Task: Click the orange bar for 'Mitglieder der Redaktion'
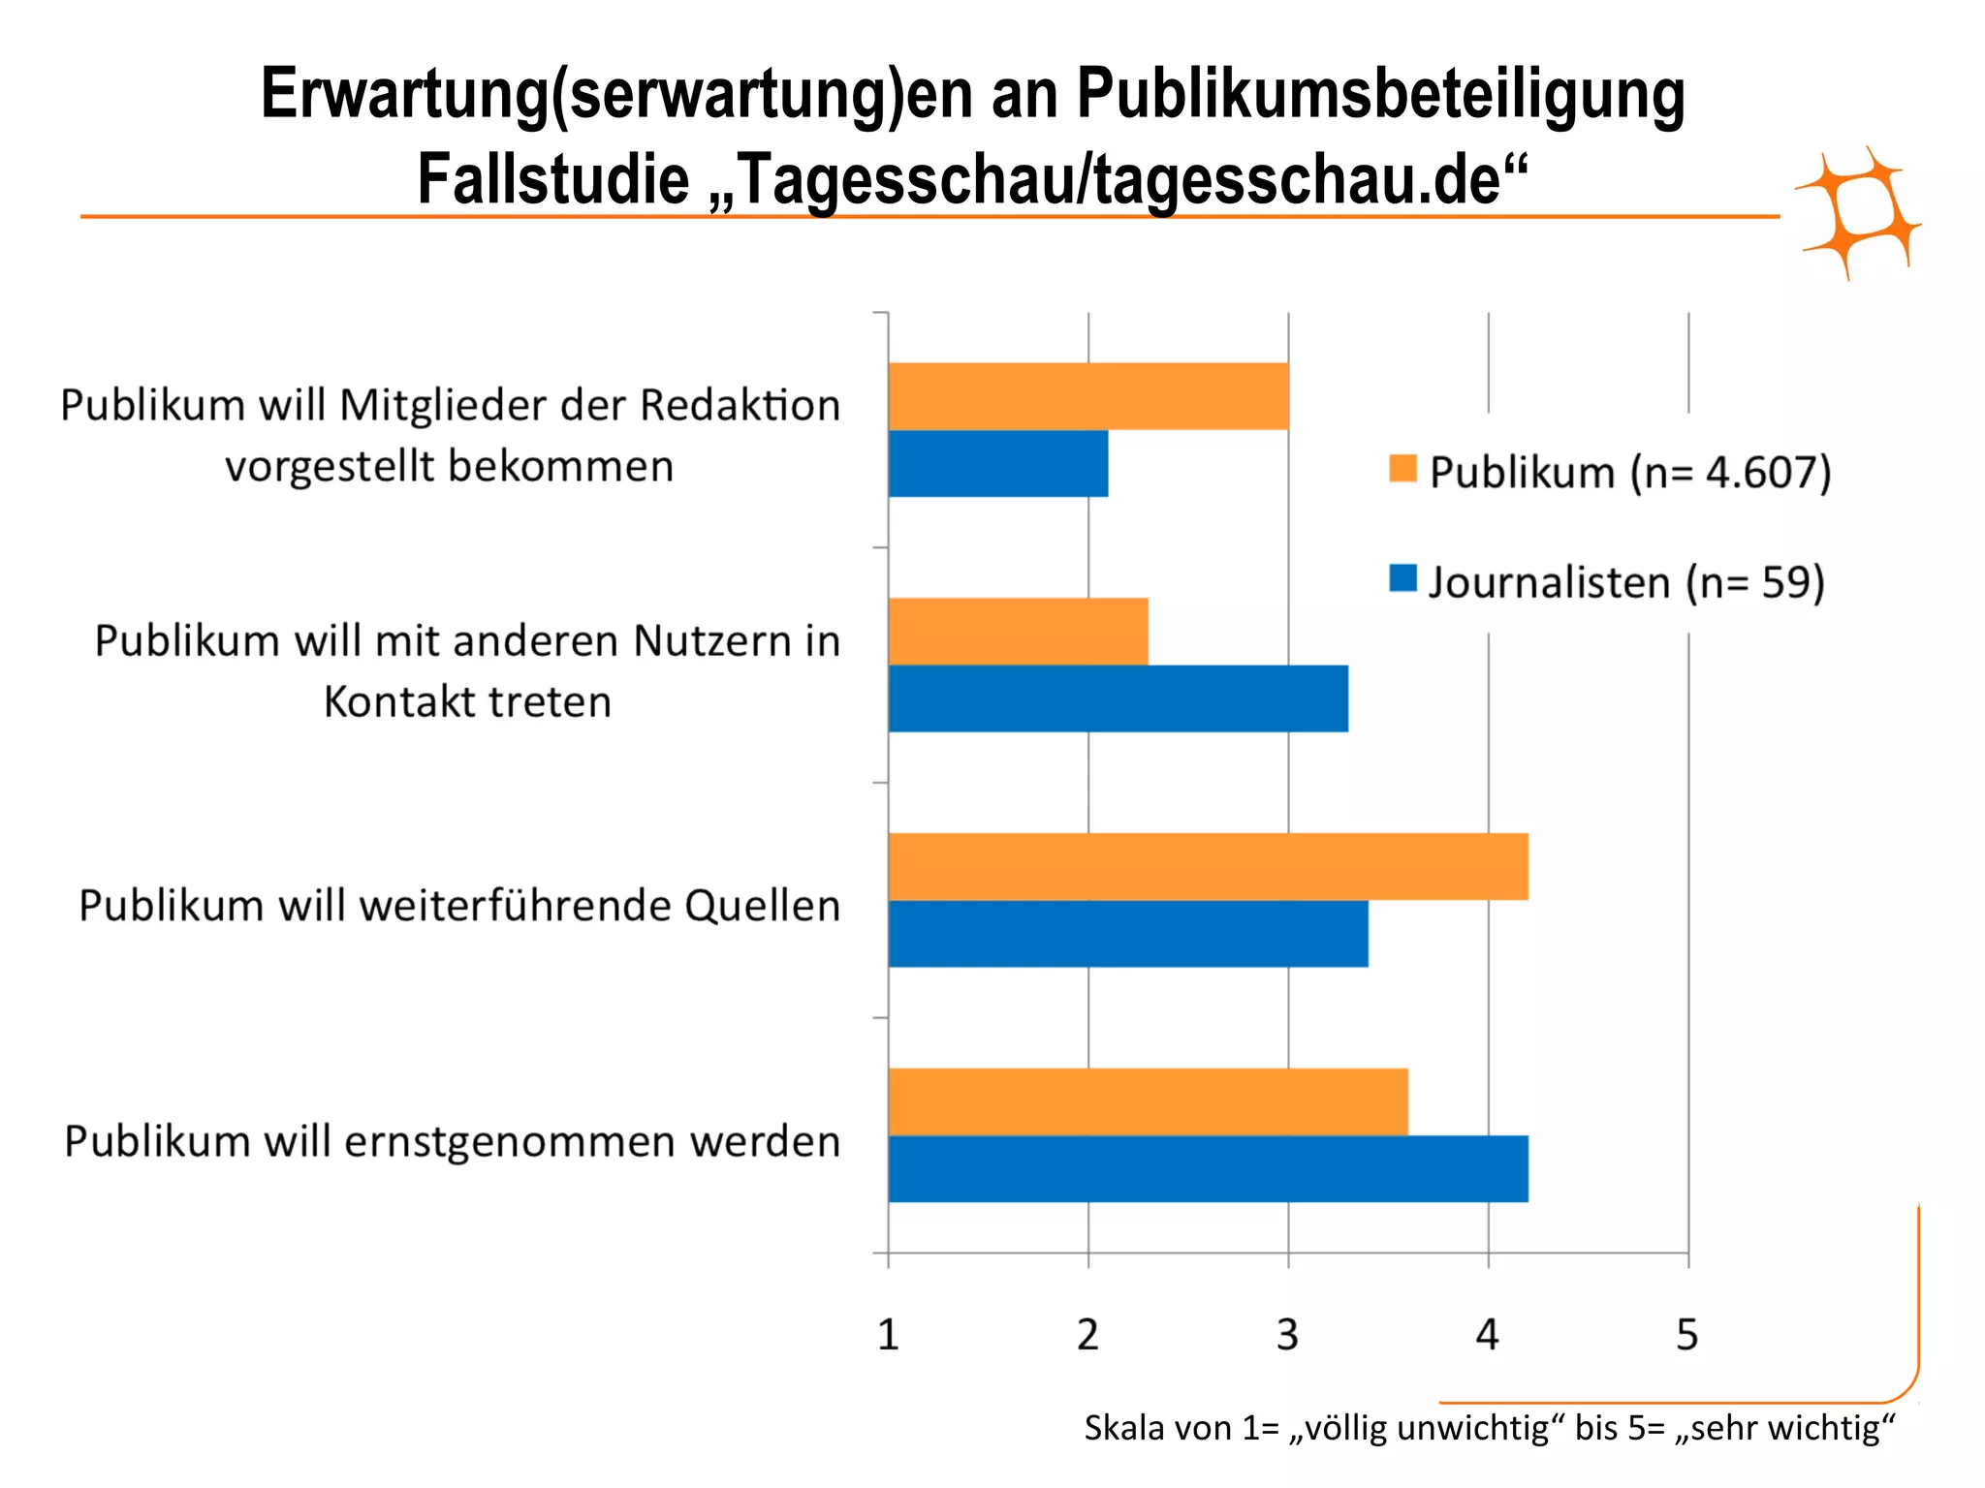[1087, 396]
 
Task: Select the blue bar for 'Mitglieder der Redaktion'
[998, 464]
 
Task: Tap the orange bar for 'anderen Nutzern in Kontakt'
[1018, 632]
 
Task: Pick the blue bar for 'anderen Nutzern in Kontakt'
[1118, 698]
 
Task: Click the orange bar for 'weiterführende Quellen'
[1208, 867]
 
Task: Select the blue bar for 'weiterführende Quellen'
[1128, 934]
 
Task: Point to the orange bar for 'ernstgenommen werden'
[1148, 1101]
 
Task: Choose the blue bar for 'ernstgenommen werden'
[1208, 1169]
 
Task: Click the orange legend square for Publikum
[1402, 469]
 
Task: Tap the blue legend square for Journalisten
[1402, 579]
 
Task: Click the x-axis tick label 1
[888, 1336]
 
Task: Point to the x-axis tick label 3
[1287, 1336]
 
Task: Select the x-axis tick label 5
[1687, 1336]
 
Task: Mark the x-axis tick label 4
[1487, 1336]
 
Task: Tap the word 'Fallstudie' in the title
[552, 180]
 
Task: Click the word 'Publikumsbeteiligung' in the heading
[1380, 95]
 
